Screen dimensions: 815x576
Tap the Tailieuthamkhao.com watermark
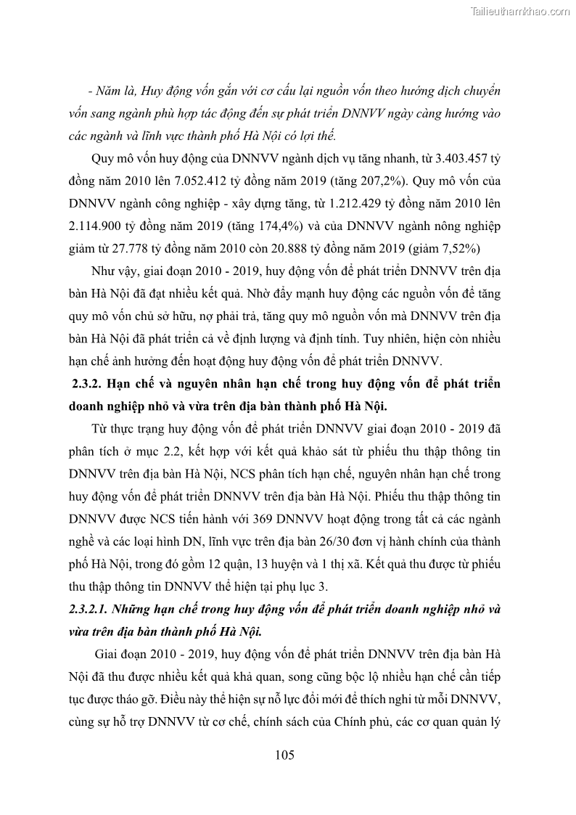pos(520,11)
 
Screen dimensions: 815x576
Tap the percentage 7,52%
pos(454,248)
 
